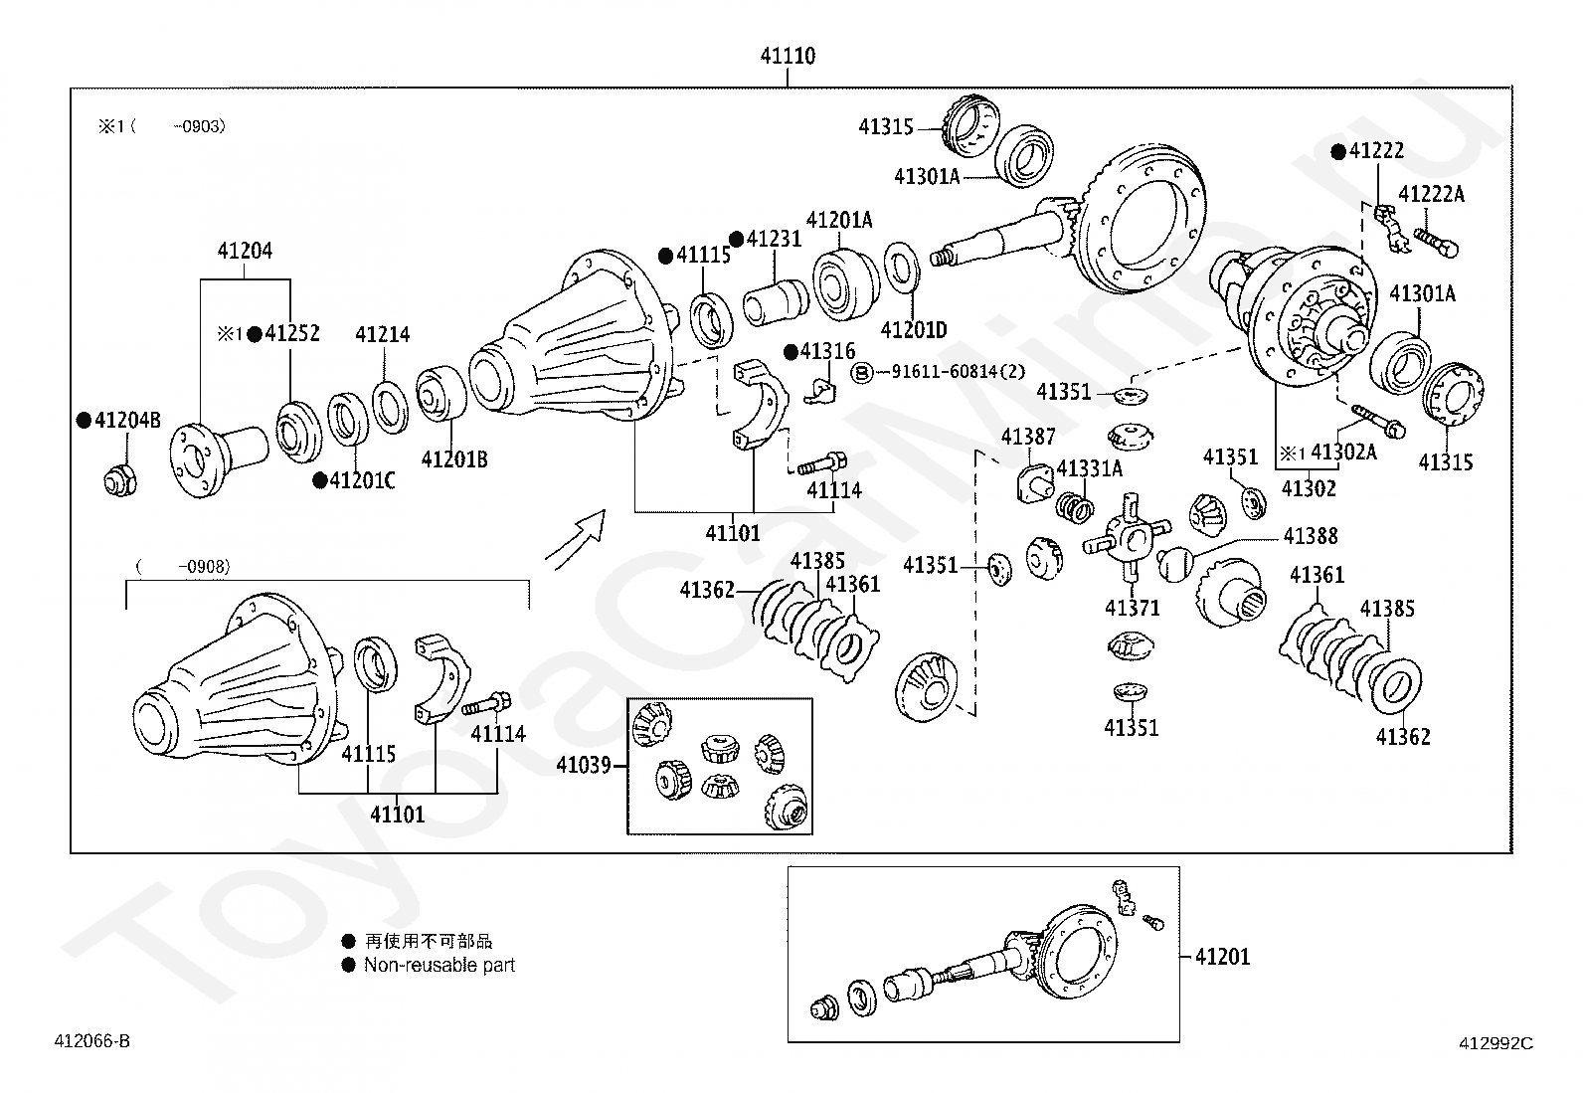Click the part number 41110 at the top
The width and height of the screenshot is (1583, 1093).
788,56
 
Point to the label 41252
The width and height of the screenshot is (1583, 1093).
291,334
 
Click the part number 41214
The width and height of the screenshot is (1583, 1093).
383,335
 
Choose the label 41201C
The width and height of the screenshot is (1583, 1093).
362,481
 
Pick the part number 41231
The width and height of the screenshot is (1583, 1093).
774,240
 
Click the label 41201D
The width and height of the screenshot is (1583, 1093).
914,330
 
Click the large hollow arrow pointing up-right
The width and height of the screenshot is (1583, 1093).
576,538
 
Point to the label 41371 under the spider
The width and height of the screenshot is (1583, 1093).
1132,608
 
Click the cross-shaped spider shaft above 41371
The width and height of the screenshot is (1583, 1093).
1128,537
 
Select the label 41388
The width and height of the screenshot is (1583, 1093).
1310,536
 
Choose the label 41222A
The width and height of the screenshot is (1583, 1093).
1431,194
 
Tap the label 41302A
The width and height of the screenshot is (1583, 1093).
1343,453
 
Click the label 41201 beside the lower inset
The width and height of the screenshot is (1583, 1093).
1222,957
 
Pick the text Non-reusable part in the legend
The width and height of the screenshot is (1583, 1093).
439,965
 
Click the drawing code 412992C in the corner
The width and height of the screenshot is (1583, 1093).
1495,1043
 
